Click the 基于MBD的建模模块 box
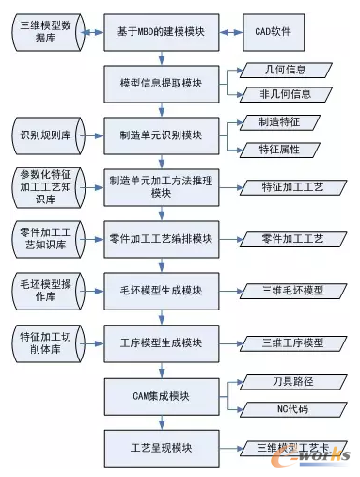[x=161, y=33]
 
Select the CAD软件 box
[x=276, y=33]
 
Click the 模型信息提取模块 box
[x=161, y=83]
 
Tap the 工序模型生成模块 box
[x=161, y=342]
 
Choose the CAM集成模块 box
[x=161, y=394]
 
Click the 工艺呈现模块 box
[x=161, y=446]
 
